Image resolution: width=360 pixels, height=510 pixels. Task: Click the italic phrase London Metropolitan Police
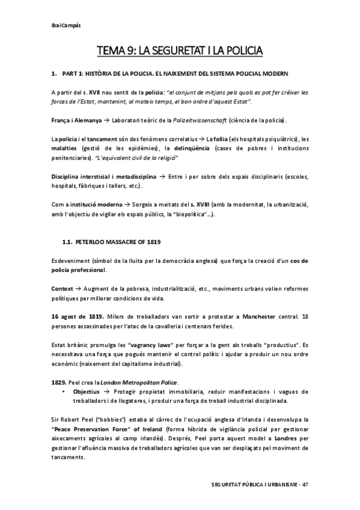[x=141, y=382]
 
